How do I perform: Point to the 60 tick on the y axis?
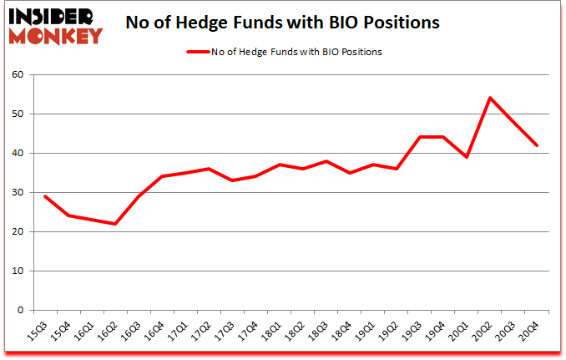[16, 75]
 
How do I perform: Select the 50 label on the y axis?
[16, 114]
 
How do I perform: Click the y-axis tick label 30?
[16, 193]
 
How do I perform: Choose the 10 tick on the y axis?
[16, 271]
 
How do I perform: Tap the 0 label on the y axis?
[19, 311]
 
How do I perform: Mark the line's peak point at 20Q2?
[490, 98]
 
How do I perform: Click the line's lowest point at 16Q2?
[115, 224]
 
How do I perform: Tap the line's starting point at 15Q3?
[45, 196]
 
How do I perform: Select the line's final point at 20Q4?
[537, 145]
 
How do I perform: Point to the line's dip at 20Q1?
[467, 157]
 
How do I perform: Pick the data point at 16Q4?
[162, 176]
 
